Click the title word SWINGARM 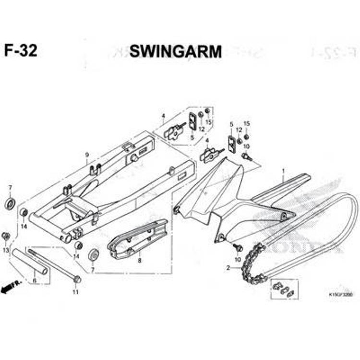point(175,51)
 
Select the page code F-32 point(20,50)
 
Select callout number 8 point(139,261)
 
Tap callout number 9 point(87,155)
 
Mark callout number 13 point(6,251)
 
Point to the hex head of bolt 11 point(77,279)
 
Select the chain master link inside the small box point(284,290)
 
